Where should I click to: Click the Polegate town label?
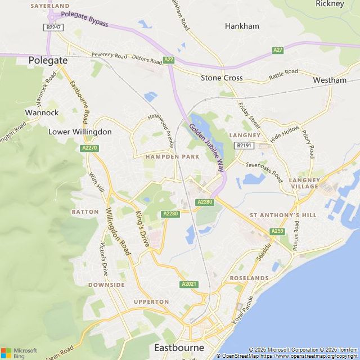48,60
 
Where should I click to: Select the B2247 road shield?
53,27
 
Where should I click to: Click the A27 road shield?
278,50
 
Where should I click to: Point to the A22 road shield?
168,60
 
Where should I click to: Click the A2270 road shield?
89,148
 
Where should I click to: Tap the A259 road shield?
277,231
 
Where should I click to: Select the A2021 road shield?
189,284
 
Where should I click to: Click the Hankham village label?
241,26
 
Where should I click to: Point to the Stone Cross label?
222,78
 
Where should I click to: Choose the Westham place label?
330,80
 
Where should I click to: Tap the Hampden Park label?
172,156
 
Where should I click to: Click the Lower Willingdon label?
80,132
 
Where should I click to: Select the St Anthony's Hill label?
283,215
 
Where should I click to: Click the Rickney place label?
330,4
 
